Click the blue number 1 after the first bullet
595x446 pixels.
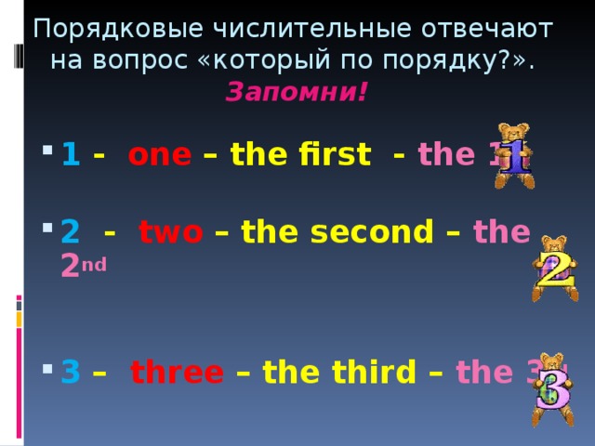pyautogui.click(x=70, y=155)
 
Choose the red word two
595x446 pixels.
pyautogui.click(x=170, y=230)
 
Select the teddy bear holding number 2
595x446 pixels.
pyautogui.click(x=555, y=268)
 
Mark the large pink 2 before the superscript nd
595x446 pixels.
pyautogui.click(x=70, y=268)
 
